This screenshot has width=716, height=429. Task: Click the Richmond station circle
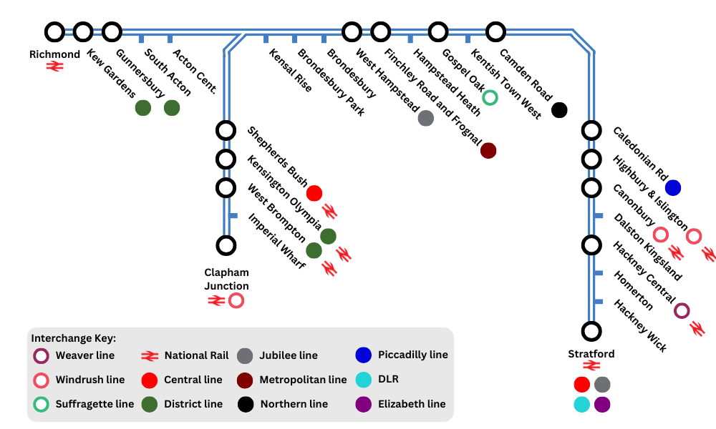coord(54,31)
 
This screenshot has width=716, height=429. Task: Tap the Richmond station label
coord(54,54)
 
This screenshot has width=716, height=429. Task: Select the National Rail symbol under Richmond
coord(55,66)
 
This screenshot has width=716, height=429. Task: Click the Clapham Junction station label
coord(226,279)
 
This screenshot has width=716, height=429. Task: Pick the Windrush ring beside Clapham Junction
coord(236,301)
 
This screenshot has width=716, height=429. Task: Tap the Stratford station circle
coord(591,331)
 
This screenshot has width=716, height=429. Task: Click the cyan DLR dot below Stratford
coord(582,404)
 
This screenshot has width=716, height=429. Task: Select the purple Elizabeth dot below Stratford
coord(602,404)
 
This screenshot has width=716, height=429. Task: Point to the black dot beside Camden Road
coord(559,110)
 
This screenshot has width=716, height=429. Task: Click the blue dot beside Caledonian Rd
coord(672,187)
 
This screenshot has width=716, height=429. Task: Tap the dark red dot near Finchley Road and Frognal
coord(488,150)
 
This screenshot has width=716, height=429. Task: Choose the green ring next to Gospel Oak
coord(490,97)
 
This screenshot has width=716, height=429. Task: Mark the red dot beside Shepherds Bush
coord(314,193)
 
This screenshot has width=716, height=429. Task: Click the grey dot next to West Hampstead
coord(425,118)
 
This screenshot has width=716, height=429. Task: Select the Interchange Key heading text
coord(73,338)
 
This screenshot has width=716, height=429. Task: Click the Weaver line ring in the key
coord(42,355)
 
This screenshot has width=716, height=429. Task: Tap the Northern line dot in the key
coord(246,404)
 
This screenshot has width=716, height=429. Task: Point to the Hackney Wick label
coord(640,325)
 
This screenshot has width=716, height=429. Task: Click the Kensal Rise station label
coord(291,70)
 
